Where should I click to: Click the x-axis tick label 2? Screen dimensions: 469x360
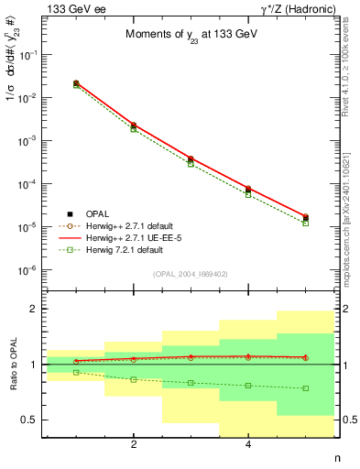pyautogui.click(x=134, y=446)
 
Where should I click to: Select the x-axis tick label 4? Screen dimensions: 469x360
pyautogui.click(x=248, y=446)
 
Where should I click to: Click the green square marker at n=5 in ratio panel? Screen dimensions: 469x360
pyautogui.click(x=306, y=388)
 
